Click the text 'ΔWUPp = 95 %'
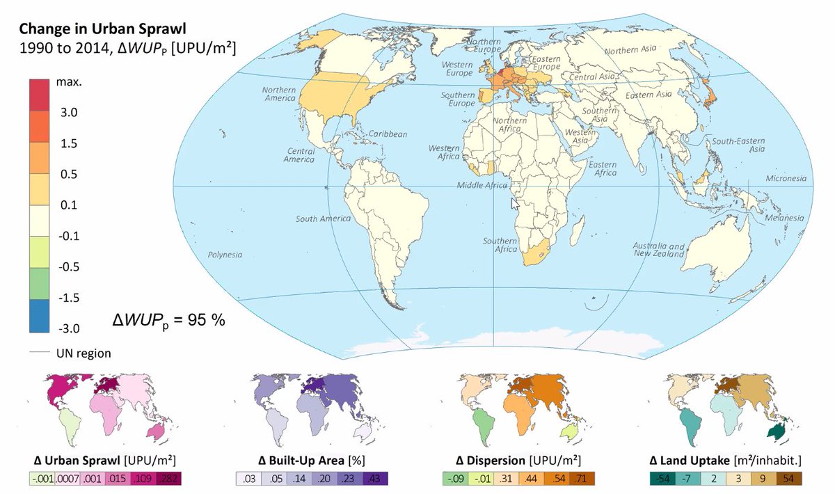(168, 321)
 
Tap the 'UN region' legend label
(83, 353)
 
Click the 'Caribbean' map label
(388, 134)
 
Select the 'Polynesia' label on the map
(227, 255)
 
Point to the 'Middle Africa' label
(482, 186)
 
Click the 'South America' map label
(323, 219)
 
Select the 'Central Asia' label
(593, 76)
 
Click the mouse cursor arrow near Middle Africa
(515, 203)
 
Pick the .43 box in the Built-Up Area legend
(374, 479)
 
